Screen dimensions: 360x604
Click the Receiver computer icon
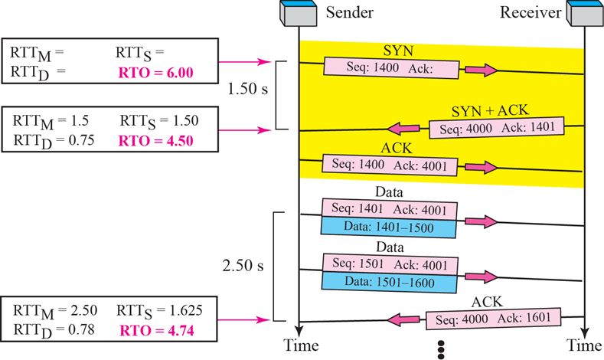583,14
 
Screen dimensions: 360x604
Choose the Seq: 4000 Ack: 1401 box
496,126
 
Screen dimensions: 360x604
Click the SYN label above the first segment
398,50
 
